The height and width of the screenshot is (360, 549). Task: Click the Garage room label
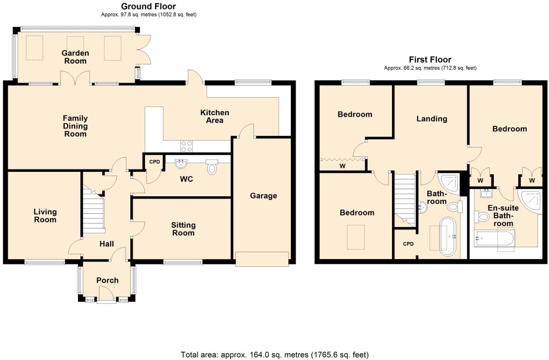(x=263, y=196)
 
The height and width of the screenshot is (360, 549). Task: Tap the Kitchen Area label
(x=214, y=116)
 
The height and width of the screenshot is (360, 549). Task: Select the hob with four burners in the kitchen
(x=186, y=146)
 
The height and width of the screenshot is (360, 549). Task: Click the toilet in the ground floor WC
(x=212, y=167)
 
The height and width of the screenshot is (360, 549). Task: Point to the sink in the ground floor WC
(x=181, y=164)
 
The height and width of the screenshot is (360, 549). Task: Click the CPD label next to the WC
(x=154, y=162)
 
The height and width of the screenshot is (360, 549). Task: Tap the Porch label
(x=107, y=280)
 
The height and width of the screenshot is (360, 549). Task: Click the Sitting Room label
(x=183, y=229)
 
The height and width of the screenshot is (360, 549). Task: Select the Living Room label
(x=45, y=216)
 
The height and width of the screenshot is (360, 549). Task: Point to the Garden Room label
(x=75, y=57)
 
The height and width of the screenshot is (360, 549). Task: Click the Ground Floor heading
(x=148, y=6)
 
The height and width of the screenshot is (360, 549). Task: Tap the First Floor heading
(x=430, y=60)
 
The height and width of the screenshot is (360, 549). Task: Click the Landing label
(x=432, y=119)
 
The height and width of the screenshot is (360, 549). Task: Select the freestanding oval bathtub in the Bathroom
(x=448, y=236)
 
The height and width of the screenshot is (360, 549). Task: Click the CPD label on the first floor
(x=408, y=244)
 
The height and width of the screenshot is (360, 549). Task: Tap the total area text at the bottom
(x=274, y=355)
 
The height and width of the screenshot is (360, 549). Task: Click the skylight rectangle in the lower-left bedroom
(x=356, y=237)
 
